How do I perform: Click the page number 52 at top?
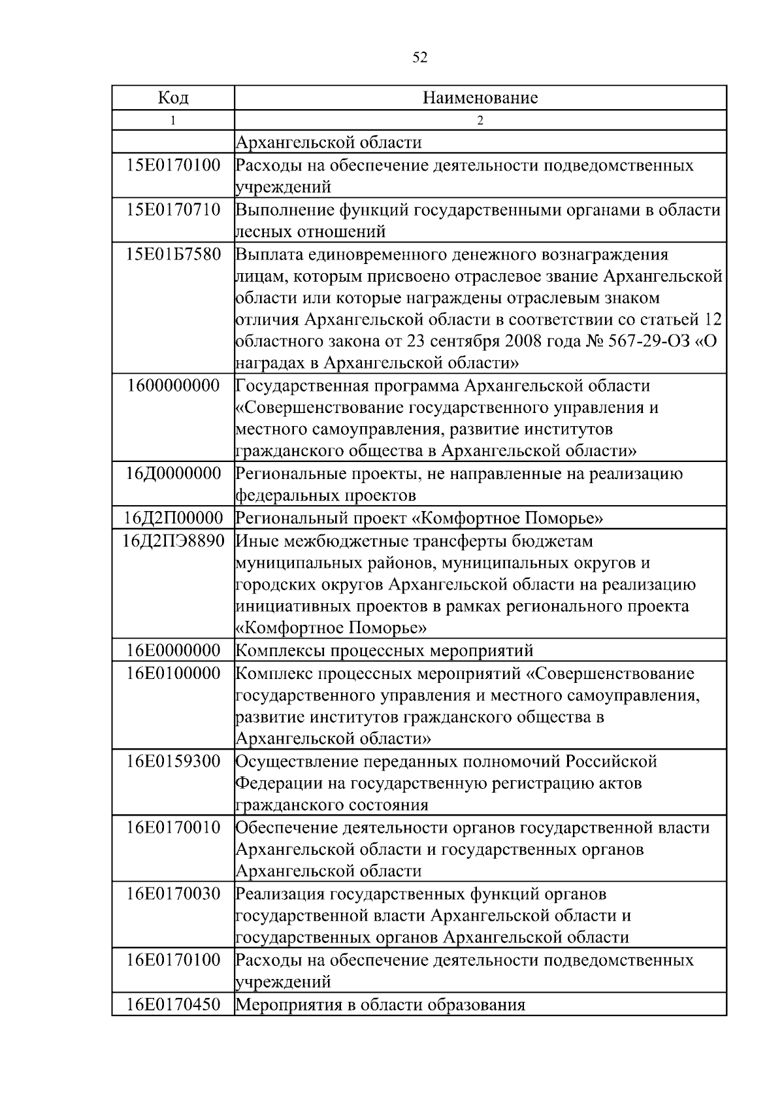pos(420,58)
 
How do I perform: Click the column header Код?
pos(173,98)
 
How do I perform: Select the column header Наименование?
pos(480,98)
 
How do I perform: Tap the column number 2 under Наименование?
pos(480,120)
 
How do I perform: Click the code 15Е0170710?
pos(173,210)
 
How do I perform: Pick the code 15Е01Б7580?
pos(173,254)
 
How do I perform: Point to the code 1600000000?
pos(173,386)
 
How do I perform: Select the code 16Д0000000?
pos(173,474)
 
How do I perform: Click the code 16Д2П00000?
pos(173,518)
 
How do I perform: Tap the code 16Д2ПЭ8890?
pos(173,540)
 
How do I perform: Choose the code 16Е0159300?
pos(173,761)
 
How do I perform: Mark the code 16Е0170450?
pos(173,1004)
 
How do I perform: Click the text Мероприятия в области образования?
pos(380,1004)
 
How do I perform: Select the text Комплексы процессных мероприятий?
pos(384,651)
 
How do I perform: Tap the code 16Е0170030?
pos(173,893)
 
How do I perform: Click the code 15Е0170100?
pos(173,165)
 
